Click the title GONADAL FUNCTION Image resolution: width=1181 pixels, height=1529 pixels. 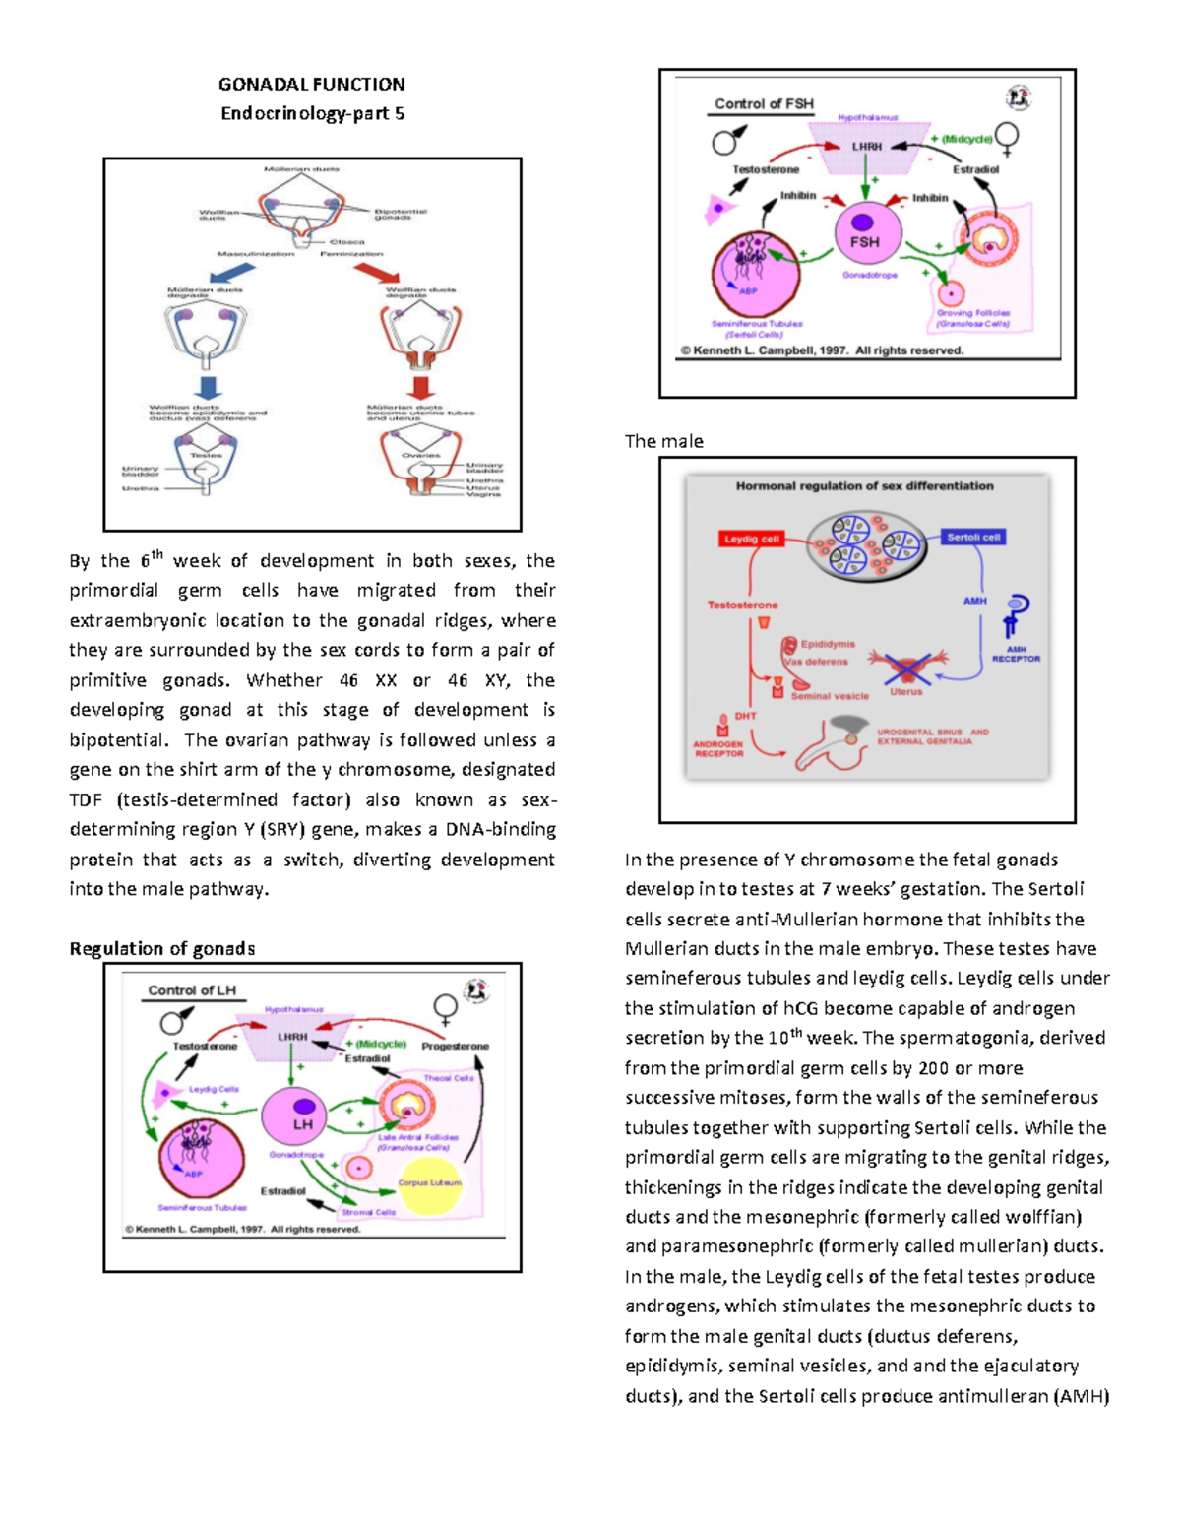(311, 84)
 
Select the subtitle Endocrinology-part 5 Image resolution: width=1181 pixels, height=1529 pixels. (312, 113)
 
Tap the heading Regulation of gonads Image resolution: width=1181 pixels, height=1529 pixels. (161, 948)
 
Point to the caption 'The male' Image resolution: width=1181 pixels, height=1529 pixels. (663, 441)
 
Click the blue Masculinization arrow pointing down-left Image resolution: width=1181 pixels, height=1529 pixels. (232, 273)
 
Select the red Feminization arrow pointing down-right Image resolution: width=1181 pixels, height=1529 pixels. (377, 273)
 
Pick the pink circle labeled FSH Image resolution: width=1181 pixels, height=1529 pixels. (864, 233)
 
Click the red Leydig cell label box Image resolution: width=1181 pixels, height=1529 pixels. (751, 539)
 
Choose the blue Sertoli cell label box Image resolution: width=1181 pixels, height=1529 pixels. (973, 537)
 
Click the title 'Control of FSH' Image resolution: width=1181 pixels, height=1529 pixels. (764, 103)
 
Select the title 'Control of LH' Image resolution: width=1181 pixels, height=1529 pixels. (192, 990)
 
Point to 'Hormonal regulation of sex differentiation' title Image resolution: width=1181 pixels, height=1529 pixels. (864, 485)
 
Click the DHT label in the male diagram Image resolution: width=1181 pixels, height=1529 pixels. (745, 716)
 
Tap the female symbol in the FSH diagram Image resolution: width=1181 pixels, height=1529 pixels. (1007, 138)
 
